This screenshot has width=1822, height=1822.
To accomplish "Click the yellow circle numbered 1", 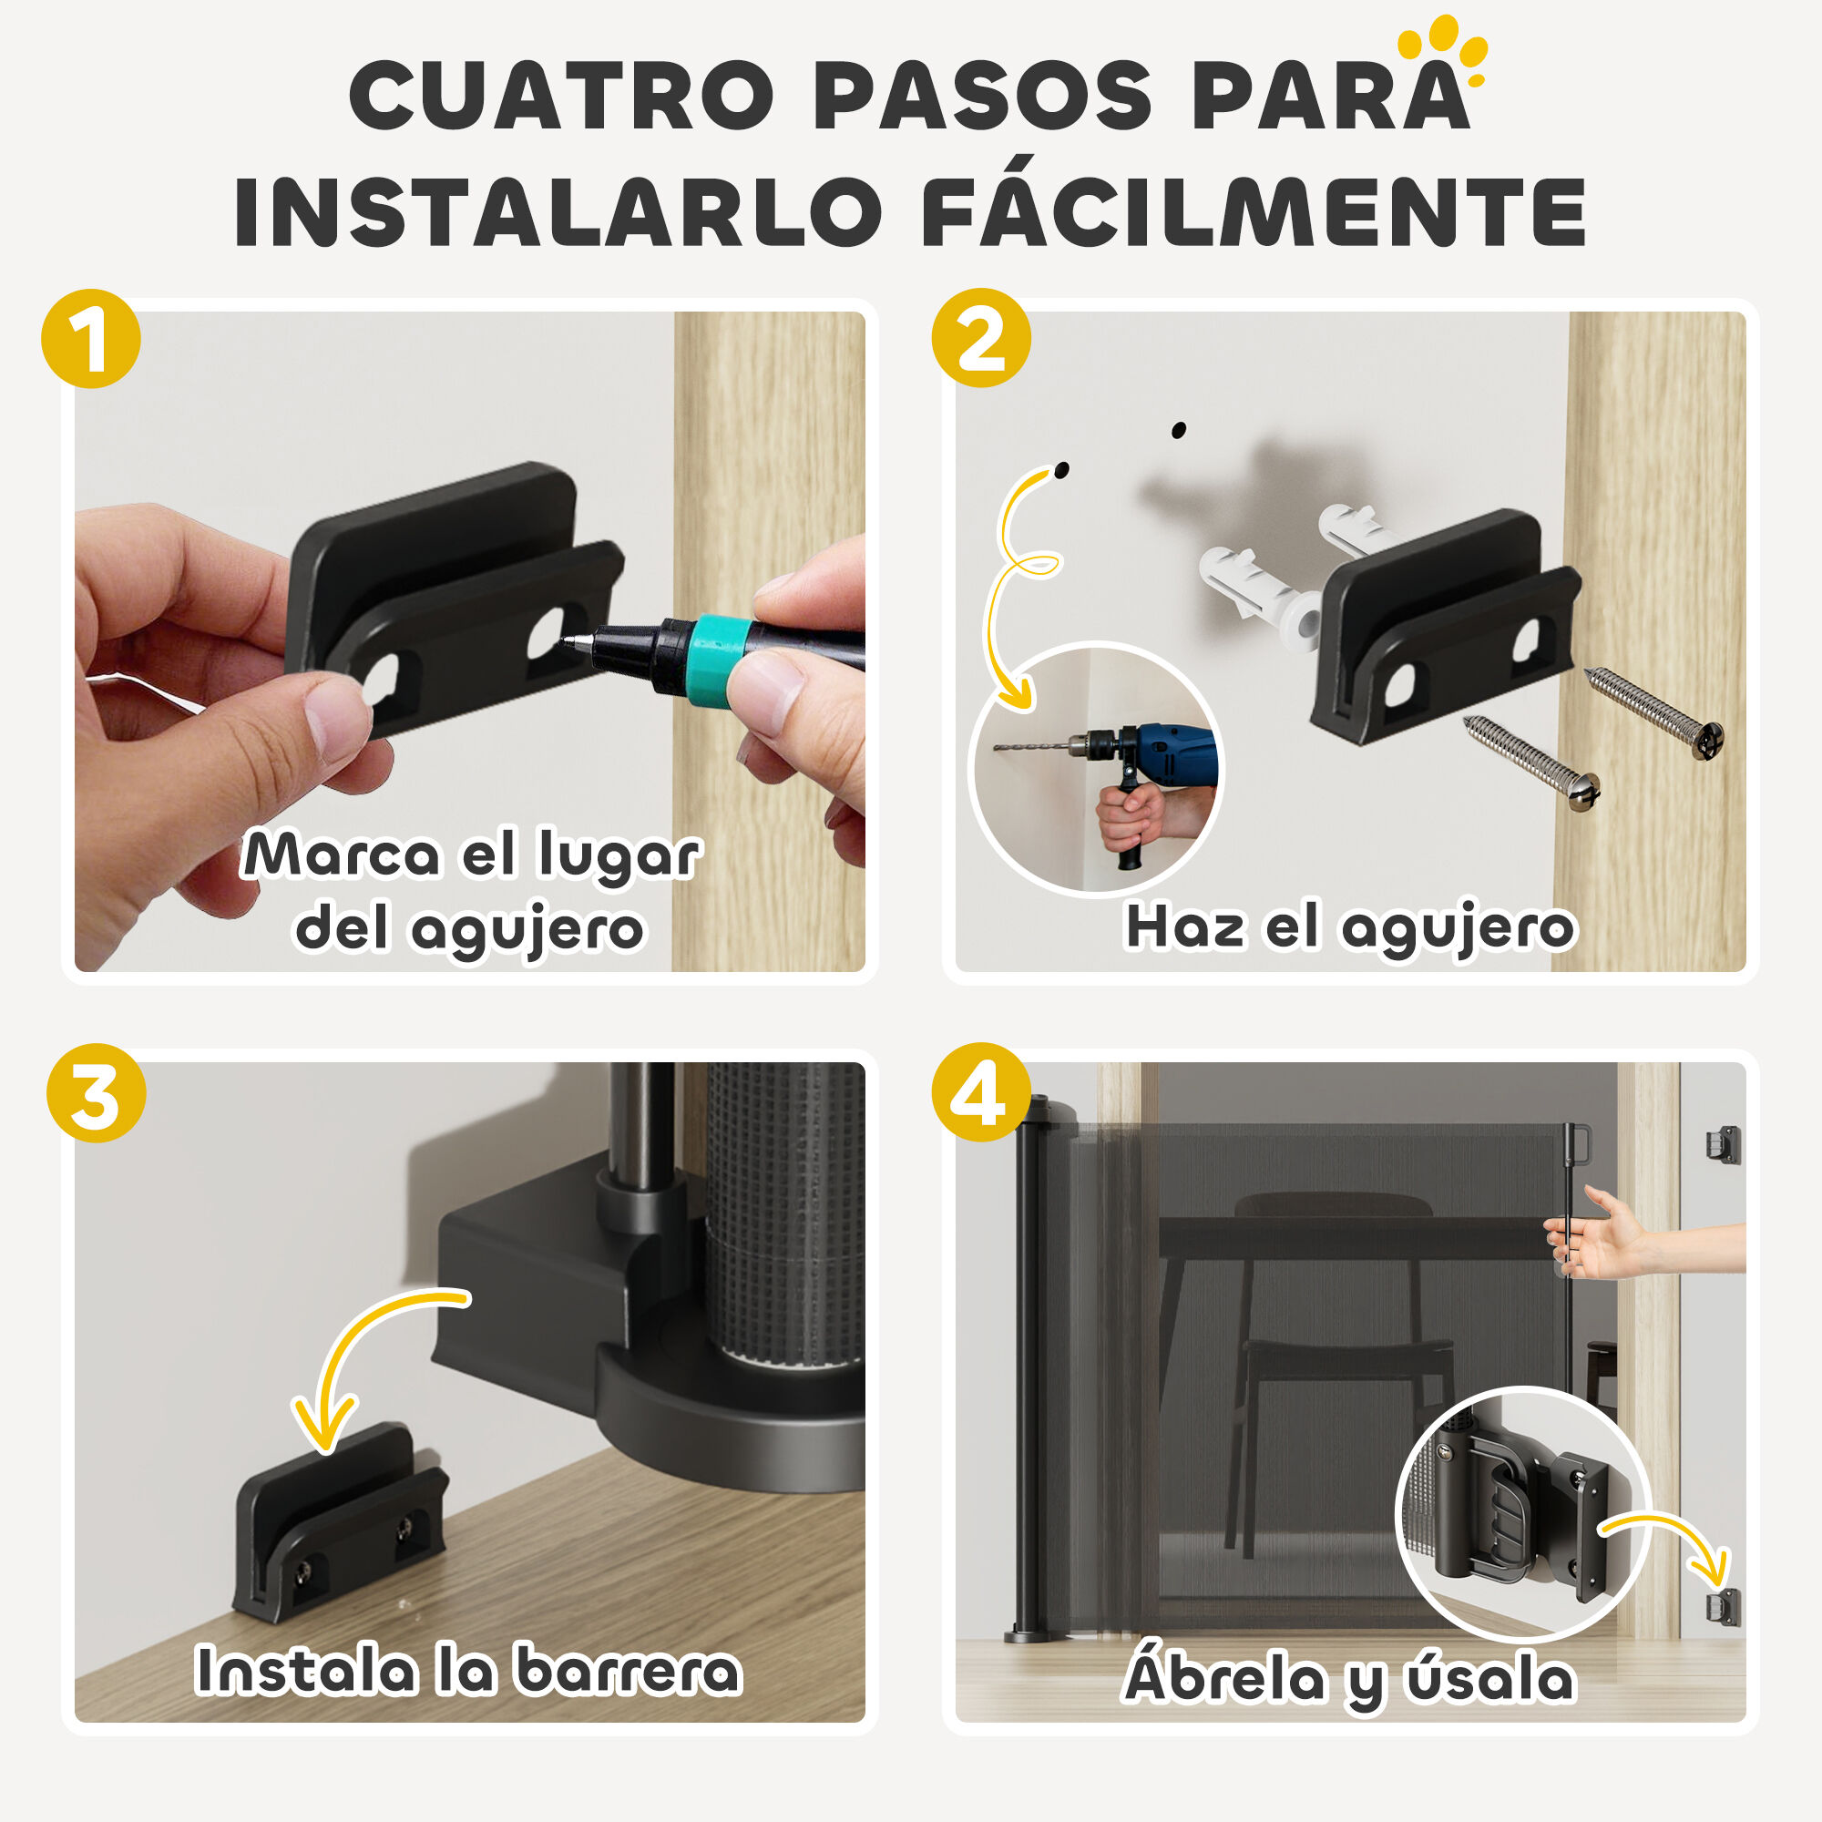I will [90, 339].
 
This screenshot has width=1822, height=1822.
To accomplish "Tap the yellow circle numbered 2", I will [981, 338].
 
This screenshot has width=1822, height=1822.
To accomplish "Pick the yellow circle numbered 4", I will [981, 1092].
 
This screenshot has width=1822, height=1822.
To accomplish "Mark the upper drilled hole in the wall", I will [1178, 430].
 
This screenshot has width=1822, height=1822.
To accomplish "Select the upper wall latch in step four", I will [1722, 1144].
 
